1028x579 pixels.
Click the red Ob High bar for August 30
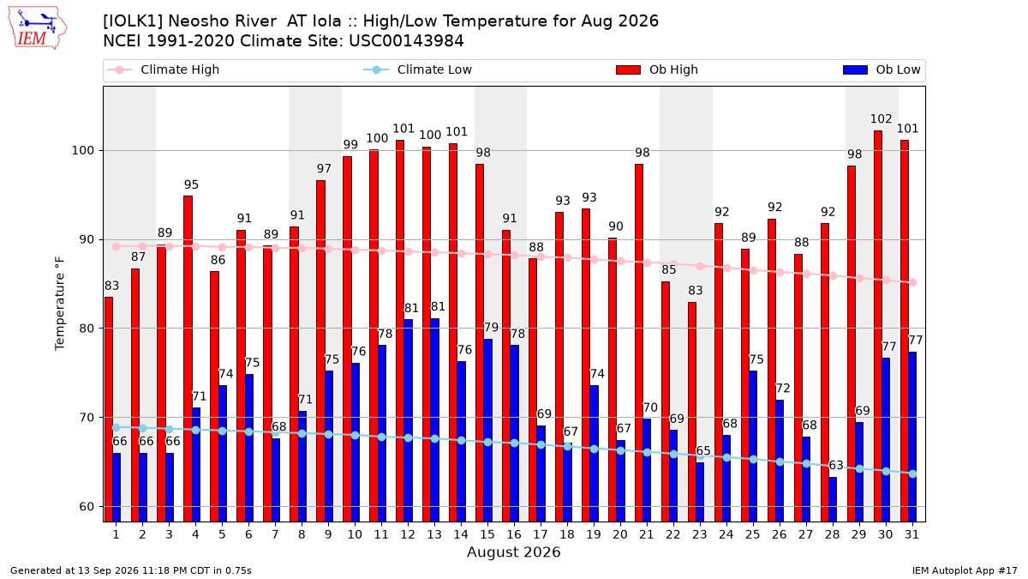[878, 326]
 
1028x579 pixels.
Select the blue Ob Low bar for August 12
[408, 420]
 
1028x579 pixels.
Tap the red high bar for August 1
[108, 409]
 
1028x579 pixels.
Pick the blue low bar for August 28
[833, 499]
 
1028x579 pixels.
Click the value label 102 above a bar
[882, 119]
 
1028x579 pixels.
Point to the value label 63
[836, 466]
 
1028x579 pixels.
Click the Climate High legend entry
[163, 69]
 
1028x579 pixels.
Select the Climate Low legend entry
[418, 69]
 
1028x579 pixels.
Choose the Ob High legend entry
[657, 69]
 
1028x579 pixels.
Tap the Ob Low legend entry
[882, 69]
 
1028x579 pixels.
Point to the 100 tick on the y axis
[82, 151]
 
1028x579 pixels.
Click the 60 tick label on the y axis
[87, 506]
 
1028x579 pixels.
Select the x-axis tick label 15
[487, 534]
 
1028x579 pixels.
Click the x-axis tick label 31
[911, 534]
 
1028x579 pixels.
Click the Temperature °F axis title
[60, 305]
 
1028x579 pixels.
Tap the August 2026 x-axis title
[513, 552]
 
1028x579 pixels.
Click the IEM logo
[37, 28]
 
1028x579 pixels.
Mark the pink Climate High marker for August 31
[913, 282]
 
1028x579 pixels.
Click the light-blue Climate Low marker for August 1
[117, 428]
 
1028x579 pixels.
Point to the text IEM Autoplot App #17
[965, 570]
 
